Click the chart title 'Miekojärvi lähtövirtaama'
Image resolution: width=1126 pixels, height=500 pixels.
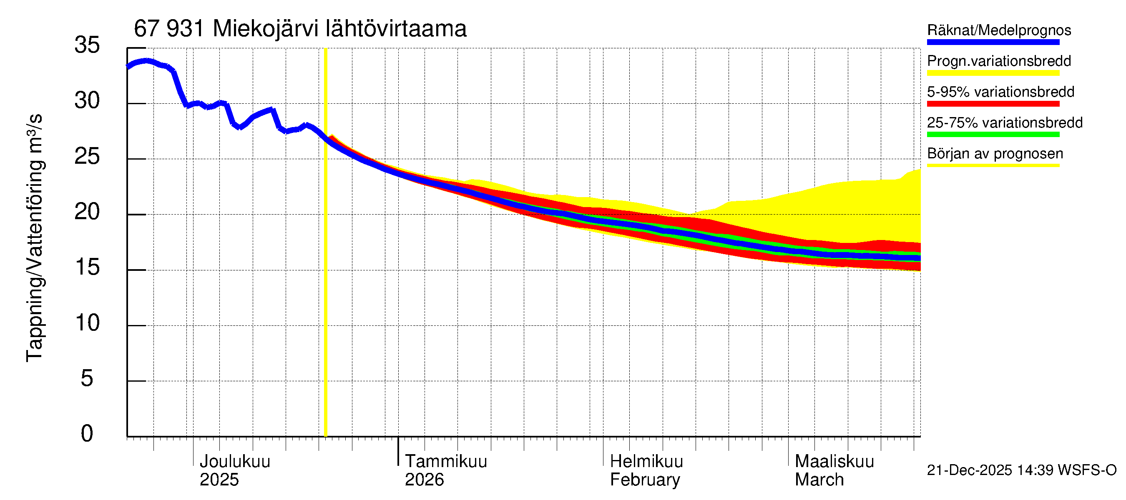339,29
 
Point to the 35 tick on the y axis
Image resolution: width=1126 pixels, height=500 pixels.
87,45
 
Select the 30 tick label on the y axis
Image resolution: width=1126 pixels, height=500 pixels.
87,101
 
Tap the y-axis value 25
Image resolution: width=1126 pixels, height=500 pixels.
87,156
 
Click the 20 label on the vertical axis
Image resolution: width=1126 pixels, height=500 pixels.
87,212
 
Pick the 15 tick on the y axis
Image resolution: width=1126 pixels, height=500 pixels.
87,267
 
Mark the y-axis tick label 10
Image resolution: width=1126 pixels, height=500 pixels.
87,323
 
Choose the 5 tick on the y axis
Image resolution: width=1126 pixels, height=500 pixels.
87,378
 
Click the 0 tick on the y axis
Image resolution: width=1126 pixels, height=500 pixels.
87,434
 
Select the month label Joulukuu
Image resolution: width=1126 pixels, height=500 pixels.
235,462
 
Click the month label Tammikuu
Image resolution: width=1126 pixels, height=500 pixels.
445,462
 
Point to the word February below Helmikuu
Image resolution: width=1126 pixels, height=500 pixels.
645,480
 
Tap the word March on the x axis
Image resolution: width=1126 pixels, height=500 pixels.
819,480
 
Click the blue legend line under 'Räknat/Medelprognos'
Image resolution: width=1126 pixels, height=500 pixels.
993,42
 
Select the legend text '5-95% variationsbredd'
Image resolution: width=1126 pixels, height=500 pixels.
1000,92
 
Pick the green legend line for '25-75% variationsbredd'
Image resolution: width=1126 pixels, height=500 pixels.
993,135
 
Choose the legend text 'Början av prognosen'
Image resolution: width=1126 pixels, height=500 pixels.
995,154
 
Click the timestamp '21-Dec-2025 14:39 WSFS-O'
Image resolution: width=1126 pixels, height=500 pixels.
1021,470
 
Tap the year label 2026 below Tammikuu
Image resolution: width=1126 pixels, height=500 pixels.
424,480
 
